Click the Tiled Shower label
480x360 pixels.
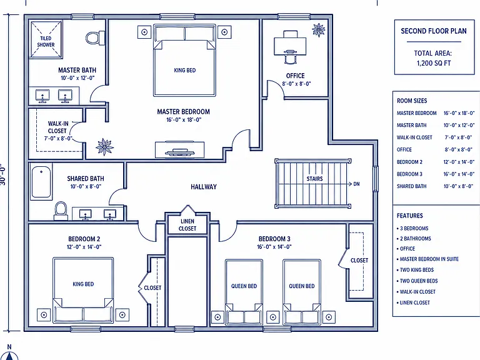coord(46,41)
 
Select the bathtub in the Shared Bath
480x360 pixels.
coord(41,181)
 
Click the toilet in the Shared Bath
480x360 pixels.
coord(61,211)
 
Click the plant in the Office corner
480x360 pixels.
coord(318,30)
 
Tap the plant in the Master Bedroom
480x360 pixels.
coord(104,147)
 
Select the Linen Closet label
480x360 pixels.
coord(187,225)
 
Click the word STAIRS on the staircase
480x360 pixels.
coord(315,179)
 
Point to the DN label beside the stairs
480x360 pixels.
coord(357,184)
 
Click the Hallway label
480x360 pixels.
coord(204,187)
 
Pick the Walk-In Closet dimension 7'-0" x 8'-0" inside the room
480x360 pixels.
coord(58,138)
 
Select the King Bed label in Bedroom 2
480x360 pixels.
coord(83,284)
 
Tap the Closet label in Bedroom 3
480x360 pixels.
coord(359,261)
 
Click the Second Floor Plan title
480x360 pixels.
coord(434,31)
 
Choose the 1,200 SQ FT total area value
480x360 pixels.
coord(434,63)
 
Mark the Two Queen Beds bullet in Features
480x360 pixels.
coord(417,281)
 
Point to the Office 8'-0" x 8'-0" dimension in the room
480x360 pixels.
coord(296,84)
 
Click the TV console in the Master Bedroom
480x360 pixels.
coord(180,150)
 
